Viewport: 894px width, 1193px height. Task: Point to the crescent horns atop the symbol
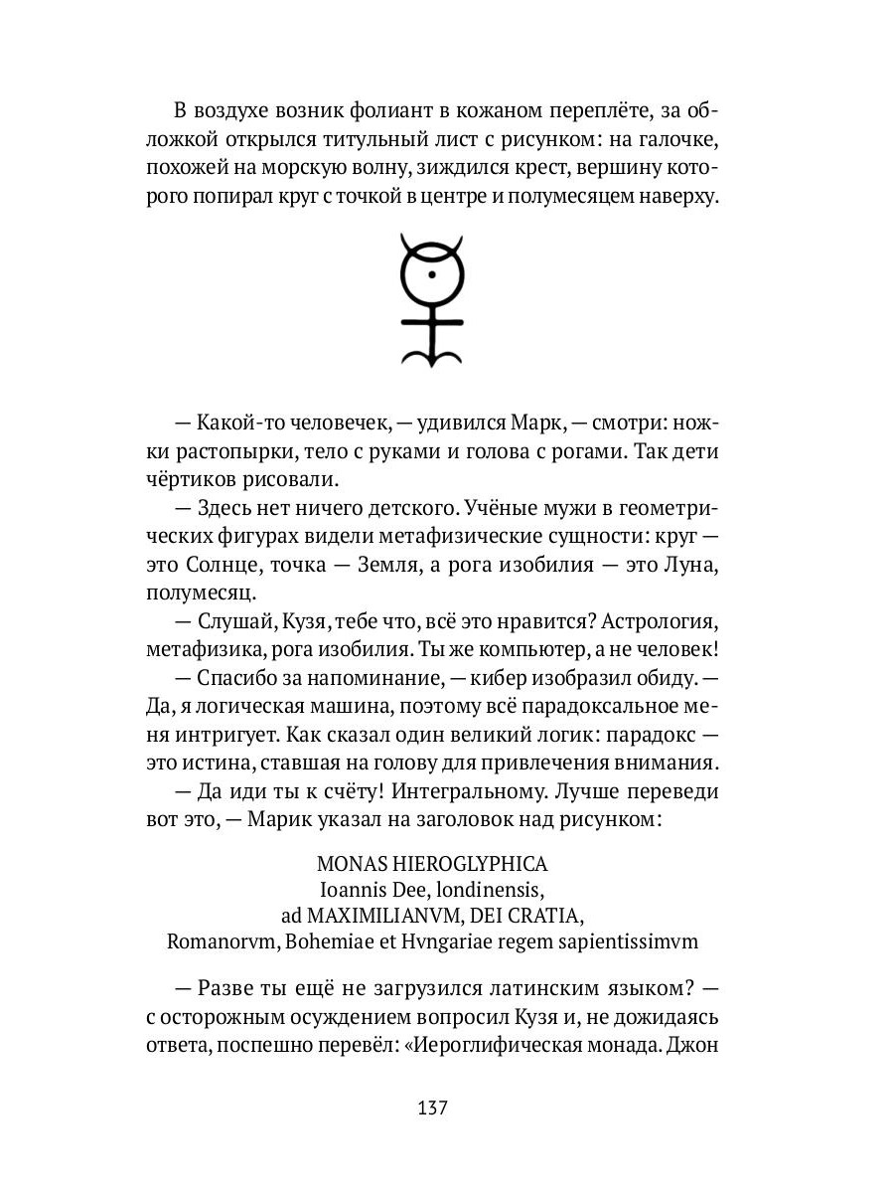430,244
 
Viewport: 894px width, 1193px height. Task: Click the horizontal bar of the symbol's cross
430,321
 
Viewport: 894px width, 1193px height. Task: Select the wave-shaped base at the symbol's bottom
430,354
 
